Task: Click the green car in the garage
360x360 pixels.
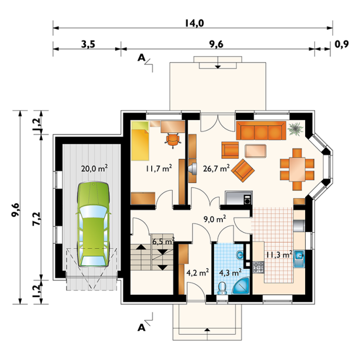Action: (93, 224)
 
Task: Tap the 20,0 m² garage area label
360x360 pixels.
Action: (95, 169)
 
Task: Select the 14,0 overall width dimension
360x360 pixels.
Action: (195, 23)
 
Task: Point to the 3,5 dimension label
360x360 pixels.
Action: (88, 44)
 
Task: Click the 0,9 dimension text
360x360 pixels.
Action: (342, 44)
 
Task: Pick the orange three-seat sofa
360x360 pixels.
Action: (261, 131)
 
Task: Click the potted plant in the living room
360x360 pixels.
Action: (296, 129)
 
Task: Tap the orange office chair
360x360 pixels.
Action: (172, 140)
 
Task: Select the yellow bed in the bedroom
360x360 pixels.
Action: (140, 141)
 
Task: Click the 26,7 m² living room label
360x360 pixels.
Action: (216, 169)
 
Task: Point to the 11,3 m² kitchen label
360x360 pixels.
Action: (279, 255)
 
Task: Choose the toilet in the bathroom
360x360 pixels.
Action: (222, 288)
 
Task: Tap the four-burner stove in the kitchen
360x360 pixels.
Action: (258, 268)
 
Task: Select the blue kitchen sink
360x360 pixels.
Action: (299, 259)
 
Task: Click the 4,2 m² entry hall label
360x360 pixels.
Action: (197, 273)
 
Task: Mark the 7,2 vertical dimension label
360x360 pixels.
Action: (37, 219)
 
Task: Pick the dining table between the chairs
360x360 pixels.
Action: (297, 169)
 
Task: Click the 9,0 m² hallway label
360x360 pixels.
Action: (215, 219)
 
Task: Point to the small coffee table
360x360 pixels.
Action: (256, 151)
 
